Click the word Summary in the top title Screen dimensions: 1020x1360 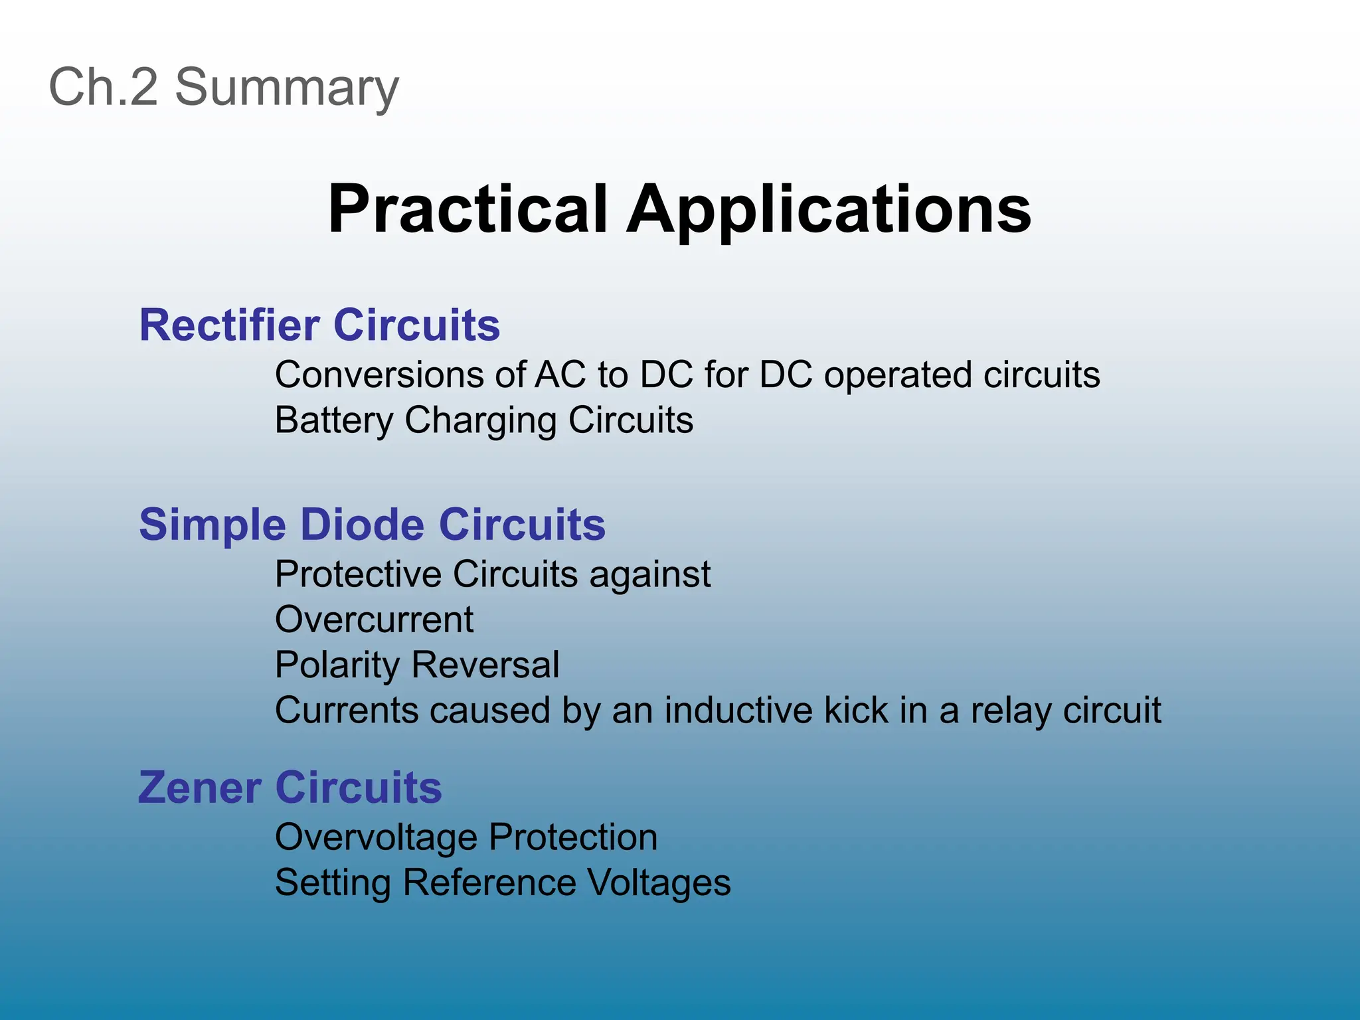(287, 88)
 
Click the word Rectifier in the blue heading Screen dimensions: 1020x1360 (229, 325)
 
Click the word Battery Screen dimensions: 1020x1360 (334, 421)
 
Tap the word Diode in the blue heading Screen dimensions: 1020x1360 (362, 525)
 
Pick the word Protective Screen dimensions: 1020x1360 (358, 574)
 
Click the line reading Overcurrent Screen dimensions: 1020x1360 (374, 620)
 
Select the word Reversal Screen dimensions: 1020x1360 (485, 665)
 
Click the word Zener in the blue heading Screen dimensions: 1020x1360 (199, 788)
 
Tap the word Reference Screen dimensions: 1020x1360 (489, 883)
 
